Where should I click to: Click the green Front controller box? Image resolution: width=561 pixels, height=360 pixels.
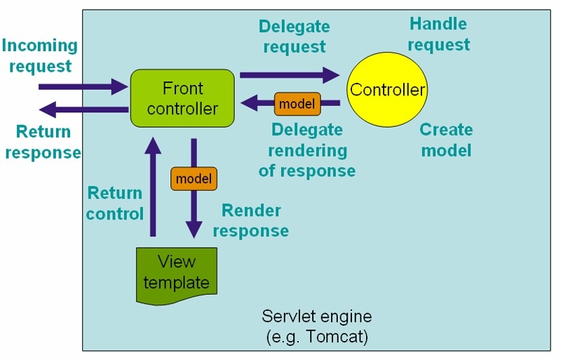coord(182,98)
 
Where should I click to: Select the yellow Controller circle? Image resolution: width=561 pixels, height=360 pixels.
coord(387,90)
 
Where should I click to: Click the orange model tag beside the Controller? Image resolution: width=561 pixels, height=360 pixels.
coord(297,104)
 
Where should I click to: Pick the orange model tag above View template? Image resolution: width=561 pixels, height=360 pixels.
coord(194,179)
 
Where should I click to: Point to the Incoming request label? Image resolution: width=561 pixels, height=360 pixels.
coord(39,56)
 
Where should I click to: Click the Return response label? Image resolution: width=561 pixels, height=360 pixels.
coord(42,142)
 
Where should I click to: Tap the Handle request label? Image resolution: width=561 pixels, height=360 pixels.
coord(438,34)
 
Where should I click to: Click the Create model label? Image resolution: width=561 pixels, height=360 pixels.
coord(446,140)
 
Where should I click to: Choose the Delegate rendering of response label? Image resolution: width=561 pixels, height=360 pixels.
coord(306,150)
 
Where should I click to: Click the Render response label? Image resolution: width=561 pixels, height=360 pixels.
coord(251,220)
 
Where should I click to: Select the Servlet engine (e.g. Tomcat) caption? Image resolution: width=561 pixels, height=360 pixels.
coord(317,326)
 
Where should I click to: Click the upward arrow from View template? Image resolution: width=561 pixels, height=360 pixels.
coord(151,189)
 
